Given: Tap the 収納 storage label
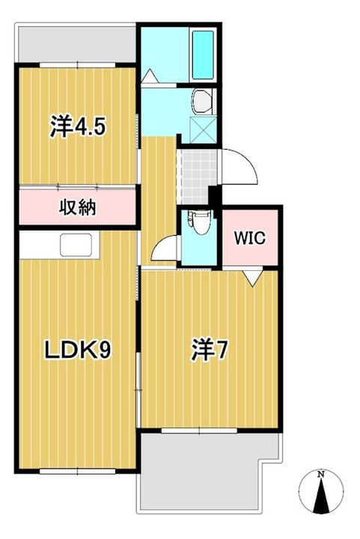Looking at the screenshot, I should (x=77, y=206).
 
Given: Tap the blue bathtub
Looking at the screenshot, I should (x=203, y=54).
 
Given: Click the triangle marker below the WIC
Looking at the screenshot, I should (x=252, y=278).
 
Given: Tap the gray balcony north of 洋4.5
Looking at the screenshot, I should (x=75, y=46).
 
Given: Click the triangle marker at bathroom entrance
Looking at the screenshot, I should (x=150, y=76).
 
